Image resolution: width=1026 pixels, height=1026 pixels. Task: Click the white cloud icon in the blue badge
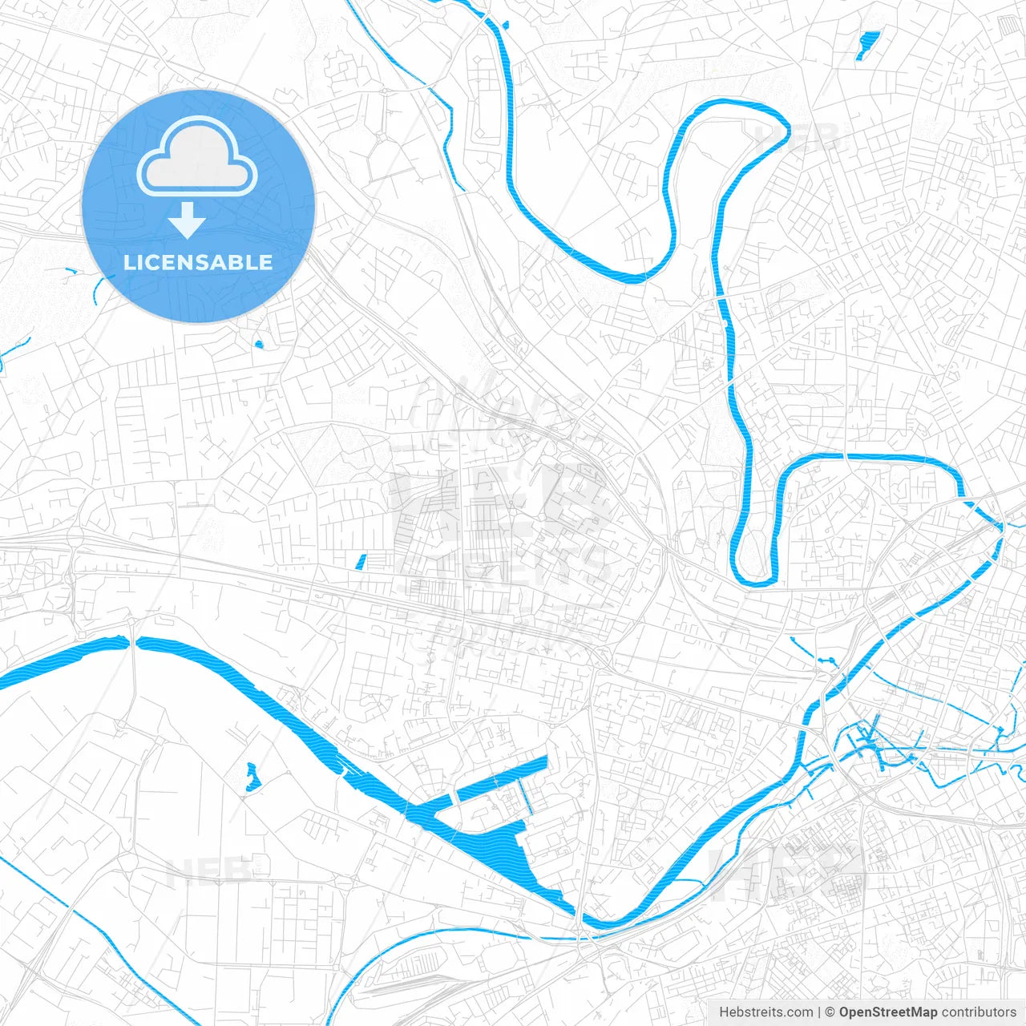coord(197,157)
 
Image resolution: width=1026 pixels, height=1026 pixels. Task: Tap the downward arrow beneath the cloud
coord(187,220)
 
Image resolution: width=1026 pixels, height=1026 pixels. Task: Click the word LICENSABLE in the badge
coord(198,262)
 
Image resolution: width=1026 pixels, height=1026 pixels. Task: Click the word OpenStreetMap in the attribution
coord(887,1012)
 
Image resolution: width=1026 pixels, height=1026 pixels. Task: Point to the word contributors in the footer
coord(978,1012)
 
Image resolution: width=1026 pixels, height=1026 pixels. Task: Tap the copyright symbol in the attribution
coord(830,1012)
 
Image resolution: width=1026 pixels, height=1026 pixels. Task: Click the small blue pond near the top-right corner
coord(867,45)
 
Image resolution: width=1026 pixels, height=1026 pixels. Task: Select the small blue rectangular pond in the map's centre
coord(361,562)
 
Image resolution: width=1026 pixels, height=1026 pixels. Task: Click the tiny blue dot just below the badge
coord(258,345)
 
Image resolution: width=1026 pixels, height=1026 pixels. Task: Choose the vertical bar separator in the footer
coord(819,1012)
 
